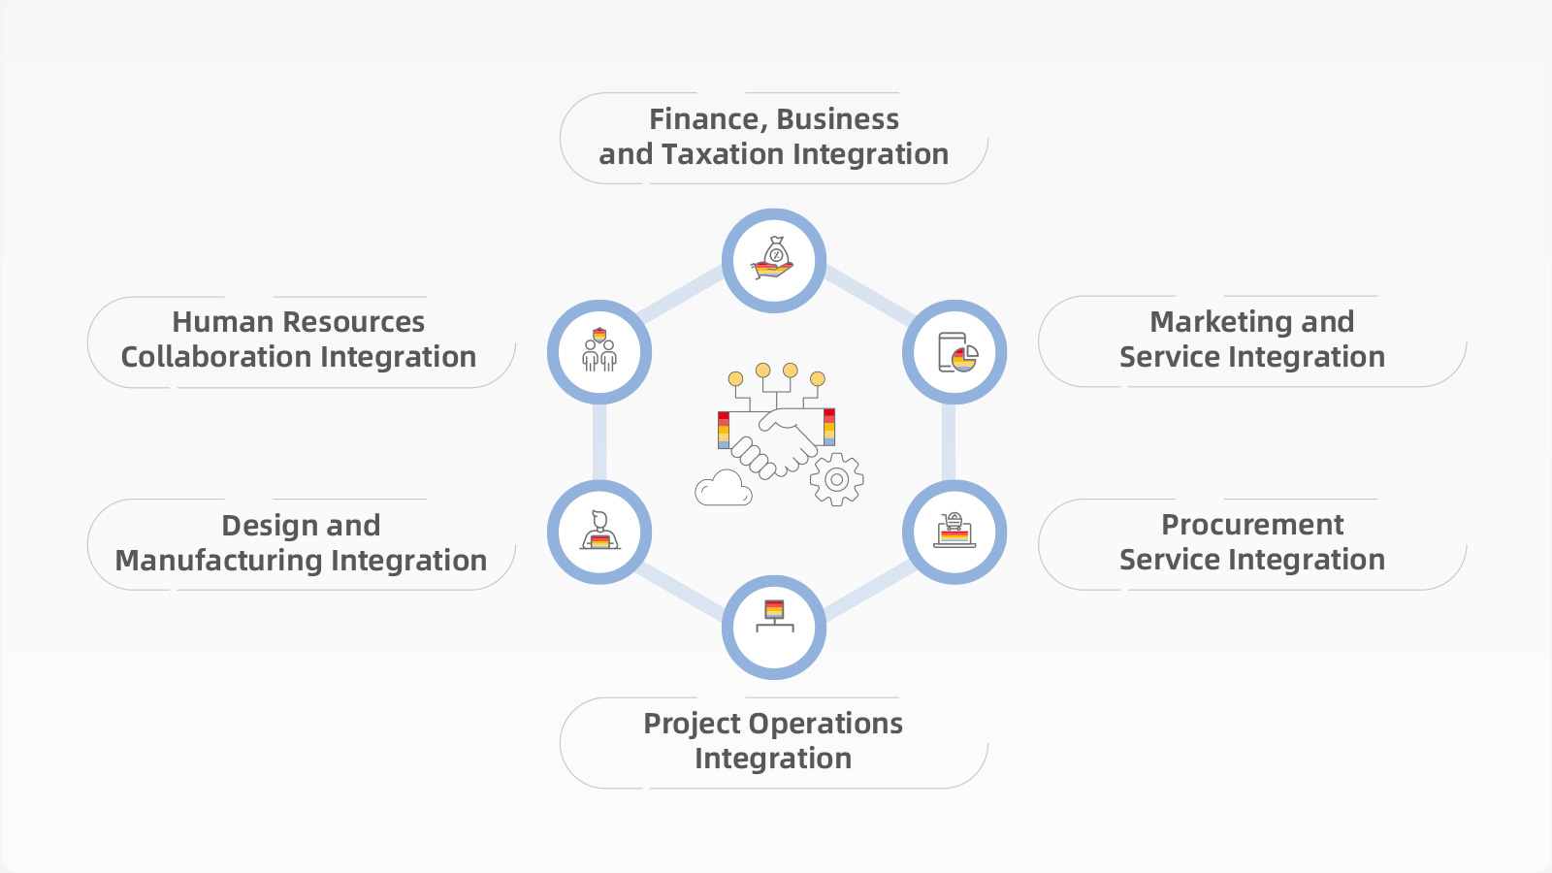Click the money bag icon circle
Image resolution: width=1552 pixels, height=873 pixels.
[774, 261]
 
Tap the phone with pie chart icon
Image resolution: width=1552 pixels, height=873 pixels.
[955, 352]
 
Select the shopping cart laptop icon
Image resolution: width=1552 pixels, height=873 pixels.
[954, 533]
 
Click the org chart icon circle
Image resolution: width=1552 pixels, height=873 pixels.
[774, 628]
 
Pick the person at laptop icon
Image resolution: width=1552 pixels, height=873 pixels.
[599, 533]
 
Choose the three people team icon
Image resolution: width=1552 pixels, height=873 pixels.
[599, 351]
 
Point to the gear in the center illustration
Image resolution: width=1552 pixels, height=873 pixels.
[836, 479]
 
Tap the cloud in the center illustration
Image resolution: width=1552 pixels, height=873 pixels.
[724, 488]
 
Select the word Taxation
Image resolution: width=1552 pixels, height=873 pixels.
[724, 154]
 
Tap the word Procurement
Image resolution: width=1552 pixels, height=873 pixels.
[1252, 525]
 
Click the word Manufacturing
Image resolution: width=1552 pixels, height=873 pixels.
[218, 561]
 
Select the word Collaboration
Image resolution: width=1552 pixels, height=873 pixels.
[216, 357]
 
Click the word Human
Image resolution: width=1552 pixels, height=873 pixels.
[210, 322]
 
